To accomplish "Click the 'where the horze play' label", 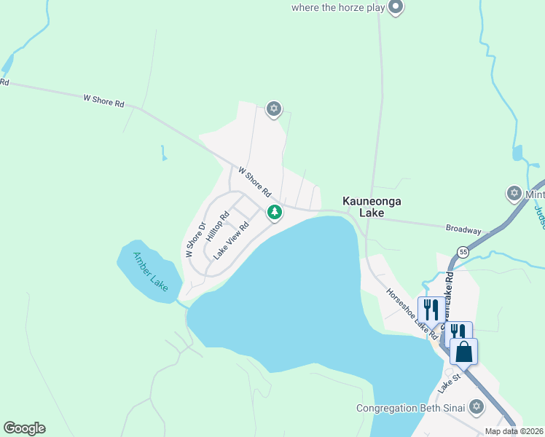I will [337, 8].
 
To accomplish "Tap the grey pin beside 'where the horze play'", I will [396, 8].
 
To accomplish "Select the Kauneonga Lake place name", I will [372, 207].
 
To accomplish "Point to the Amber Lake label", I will [149, 269].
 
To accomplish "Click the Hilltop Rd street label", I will [218, 227].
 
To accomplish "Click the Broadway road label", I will [463, 229].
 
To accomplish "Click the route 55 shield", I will [463, 252].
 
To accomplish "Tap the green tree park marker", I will [275, 213].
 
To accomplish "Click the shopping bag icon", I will [463, 352].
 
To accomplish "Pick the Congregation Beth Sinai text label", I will [409, 408].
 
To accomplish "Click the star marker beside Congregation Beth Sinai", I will [477, 406].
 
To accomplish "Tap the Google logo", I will [24, 428].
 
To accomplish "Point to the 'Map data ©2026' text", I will [514, 431].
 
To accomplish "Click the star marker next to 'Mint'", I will [514, 194].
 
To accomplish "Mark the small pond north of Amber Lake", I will [164, 153].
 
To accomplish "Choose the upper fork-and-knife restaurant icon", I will [430, 309].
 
